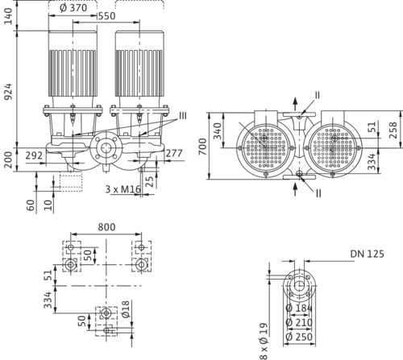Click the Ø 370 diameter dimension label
click(x=73, y=8)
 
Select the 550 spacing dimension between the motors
click(x=107, y=16)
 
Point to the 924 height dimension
click(x=9, y=92)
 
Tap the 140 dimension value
click(x=8, y=16)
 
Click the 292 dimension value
click(x=34, y=155)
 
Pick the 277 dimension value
click(x=174, y=153)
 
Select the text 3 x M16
click(x=123, y=189)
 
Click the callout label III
click(x=183, y=116)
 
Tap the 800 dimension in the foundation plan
click(x=106, y=227)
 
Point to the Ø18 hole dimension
click(x=125, y=309)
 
